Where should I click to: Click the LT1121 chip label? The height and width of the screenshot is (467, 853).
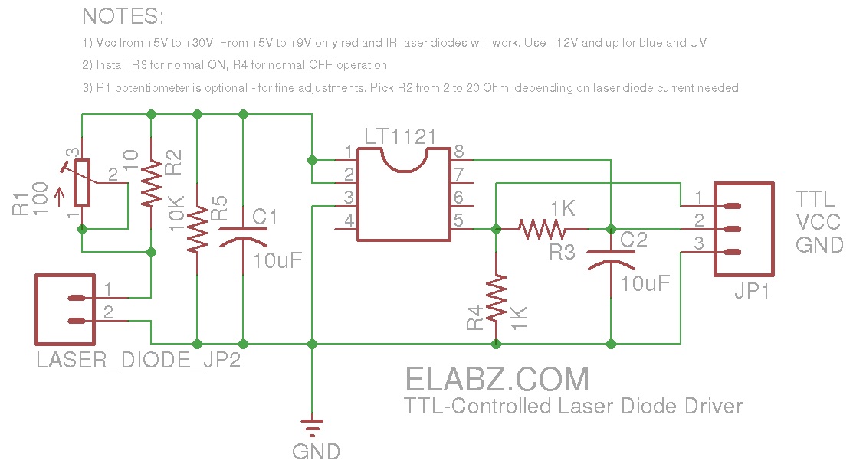pyautogui.click(x=400, y=138)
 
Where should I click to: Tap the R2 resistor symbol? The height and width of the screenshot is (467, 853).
pyautogui.click(x=151, y=185)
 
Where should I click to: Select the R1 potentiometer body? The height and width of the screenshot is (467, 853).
pyautogui.click(x=82, y=183)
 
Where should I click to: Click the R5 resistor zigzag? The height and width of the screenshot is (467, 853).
pyautogui.click(x=198, y=230)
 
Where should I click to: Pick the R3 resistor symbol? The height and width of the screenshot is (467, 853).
pyautogui.click(x=542, y=228)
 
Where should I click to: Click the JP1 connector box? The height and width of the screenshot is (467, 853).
pyautogui.click(x=743, y=230)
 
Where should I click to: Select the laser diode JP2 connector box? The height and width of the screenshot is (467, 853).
pyautogui.click(x=65, y=309)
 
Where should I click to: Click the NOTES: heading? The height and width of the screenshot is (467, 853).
pyautogui.click(x=123, y=17)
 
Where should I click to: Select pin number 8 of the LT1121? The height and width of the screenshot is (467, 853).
pyautogui.click(x=459, y=151)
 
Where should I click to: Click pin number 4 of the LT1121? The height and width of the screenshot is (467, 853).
pyautogui.click(x=349, y=221)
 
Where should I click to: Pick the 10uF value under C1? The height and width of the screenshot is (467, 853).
pyautogui.click(x=277, y=260)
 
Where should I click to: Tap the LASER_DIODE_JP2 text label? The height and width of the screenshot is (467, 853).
pyautogui.click(x=139, y=360)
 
